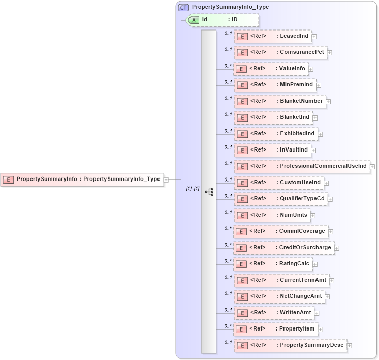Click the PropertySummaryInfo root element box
point(82,179)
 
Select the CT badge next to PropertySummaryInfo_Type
point(183,7)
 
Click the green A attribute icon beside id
point(194,20)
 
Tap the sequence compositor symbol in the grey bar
point(209,192)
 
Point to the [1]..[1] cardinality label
point(192,189)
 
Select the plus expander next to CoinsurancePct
point(330,52)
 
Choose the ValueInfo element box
point(271,69)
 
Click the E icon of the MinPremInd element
point(242,85)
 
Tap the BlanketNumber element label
point(301,101)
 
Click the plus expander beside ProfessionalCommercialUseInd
point(372,166)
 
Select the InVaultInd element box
point(272,150)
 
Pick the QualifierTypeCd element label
point(302,199)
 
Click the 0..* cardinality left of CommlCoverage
point(228,228)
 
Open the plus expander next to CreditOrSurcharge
point(337,248)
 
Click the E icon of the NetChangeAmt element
point(242,296)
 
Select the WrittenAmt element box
point(274,313)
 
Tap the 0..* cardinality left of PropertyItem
point(228,326)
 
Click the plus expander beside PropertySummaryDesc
point(350,345)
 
